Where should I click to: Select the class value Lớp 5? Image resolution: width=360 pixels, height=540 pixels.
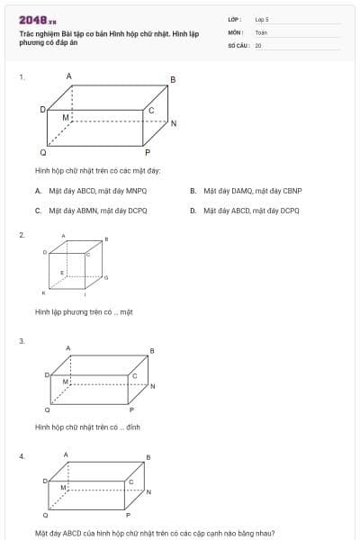click(x=262, y=19)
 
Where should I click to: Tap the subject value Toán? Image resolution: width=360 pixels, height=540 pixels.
click(x=261, y=31)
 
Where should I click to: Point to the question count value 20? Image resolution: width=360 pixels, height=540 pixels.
click(x=258, y=44)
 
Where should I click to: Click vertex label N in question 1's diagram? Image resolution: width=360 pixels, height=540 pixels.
click(x=174, y=123)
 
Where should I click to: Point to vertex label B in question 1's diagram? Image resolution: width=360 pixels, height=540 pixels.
click(x=173, y=80)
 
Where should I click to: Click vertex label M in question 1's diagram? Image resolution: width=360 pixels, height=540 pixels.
click(x=65, y=118)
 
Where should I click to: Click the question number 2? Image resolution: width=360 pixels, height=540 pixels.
click(x=22, y=235)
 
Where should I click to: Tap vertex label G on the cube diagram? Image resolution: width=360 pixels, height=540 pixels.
click(x=106, y=277)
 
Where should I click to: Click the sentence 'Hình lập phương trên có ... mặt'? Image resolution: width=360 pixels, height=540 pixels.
click(x=84, y=312)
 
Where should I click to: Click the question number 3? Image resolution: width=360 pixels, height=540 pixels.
click(x=22, y=341)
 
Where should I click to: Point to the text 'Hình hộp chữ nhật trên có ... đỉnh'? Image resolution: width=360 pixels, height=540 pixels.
click(x=87, y=427)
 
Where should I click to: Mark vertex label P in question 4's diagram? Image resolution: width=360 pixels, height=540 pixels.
click(x=128, y=515)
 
